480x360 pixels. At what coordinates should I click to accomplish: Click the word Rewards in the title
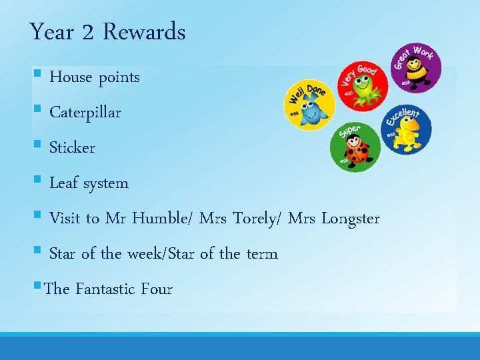click(x=145, y=32)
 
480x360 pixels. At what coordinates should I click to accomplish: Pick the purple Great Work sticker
click(x=415, y=68)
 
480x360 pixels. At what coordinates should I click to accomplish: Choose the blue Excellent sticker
click(x=407, y=128)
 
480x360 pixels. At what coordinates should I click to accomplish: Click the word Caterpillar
click(x=85, y=113)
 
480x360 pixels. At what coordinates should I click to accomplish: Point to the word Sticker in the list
click(x=73, y=148)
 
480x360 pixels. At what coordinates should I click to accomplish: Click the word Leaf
click(x=64, y=183)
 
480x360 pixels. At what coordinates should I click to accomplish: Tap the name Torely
click(x=257, y=219)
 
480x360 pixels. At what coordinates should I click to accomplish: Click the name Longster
click(x=351, y=219)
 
